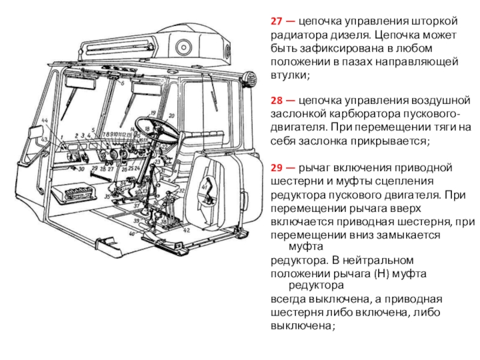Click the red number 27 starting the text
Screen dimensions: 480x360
click(x=276, y=21)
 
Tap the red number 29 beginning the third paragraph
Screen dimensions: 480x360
click(x=276, y=167)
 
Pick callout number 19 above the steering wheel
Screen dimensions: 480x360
click(x=153, y=113)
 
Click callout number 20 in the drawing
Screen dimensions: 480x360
click(x=171, y=115)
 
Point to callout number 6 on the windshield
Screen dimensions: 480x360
click(x=122, y=83)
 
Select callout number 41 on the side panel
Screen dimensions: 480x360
click(x=205, y=188)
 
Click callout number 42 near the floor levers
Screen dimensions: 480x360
click(x=187, y=230)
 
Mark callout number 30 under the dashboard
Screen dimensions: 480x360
click(x=80, y=170)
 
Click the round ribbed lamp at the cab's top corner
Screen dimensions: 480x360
click(x=250, y=79)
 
